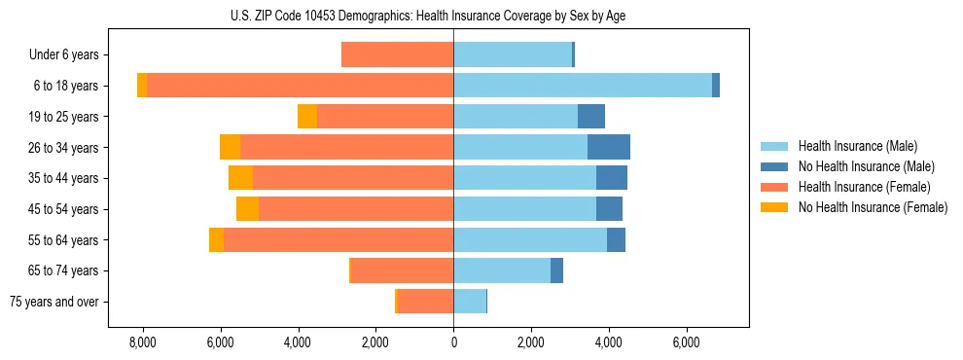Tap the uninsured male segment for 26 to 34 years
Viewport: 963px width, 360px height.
click(x=608, y=147)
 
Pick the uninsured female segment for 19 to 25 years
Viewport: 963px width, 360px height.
click(x=307, y=117)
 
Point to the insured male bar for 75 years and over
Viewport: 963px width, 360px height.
click(x=470, y=302)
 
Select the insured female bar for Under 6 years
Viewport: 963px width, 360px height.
click(x=397, y=54)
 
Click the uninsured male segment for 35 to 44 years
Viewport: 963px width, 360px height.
click(x=611, y=178)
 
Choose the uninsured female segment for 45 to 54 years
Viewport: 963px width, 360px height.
click(x=247, y=209)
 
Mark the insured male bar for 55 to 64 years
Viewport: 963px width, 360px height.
click(x=530, y=240)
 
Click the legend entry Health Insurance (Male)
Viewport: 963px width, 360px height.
click(x=857, y=146)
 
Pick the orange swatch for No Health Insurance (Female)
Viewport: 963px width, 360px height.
click(x=774, y=207)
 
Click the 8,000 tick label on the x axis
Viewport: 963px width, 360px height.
click(x=142, y=342)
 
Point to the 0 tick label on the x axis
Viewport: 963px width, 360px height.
click(x=453, y=342)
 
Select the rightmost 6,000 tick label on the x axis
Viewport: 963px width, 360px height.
click(x=686, y=342)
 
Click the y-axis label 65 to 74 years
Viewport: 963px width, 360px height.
click(x=63, y=270)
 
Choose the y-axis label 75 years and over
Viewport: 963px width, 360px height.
click(x=54, y=302)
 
